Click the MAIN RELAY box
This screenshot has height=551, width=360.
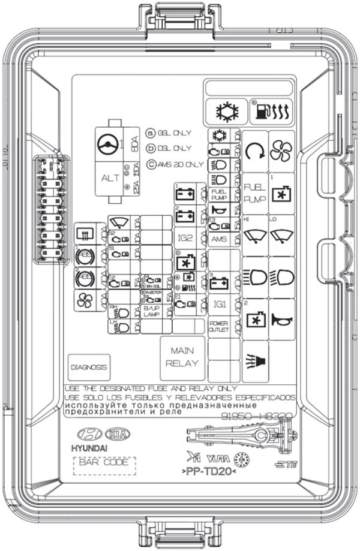182,356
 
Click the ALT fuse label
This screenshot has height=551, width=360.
109,177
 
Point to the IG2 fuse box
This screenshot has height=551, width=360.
185,238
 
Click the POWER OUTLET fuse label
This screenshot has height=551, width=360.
220,327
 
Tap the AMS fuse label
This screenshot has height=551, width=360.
219,238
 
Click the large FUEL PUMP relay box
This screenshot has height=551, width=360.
254,192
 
